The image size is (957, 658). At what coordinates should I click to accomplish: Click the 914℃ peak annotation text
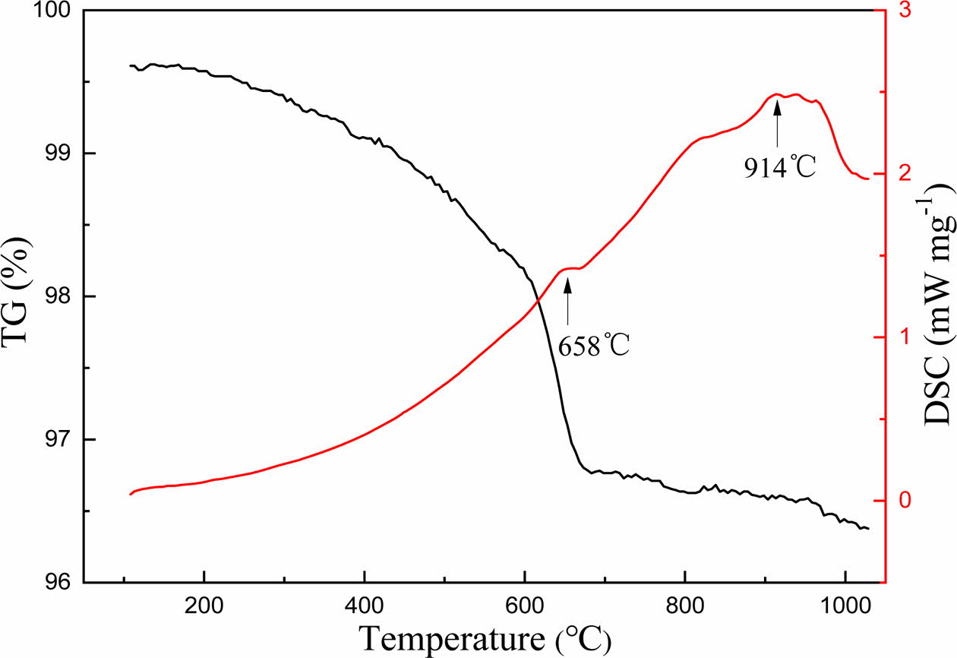(779, 167)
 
